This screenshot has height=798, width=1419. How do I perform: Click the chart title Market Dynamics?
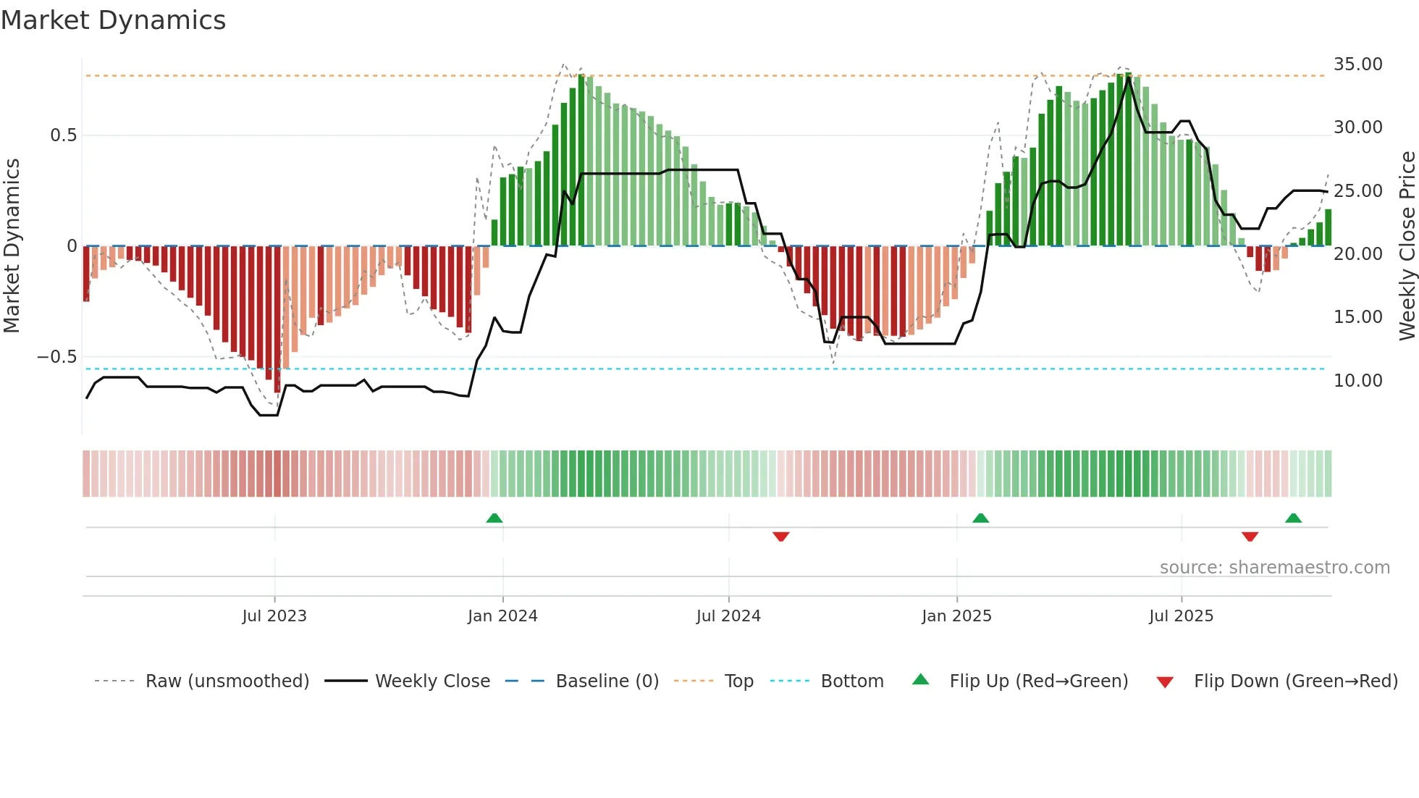pyautogui.click(x=113, y=20)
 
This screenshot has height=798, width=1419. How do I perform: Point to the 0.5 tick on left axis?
pyautogui.click(x=63, y=135)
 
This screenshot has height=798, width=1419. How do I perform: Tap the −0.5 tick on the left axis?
pyautogui.click(x=57, y=357)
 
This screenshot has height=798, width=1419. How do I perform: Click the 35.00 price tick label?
pyautogui.click(x=1357, y=64)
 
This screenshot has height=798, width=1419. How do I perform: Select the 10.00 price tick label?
pyautogui.click(x=1357, y=381)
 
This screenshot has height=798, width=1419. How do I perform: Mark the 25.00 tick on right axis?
pyautogui.click(x=1357, y=191)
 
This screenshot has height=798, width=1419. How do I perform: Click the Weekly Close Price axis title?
pyautogui.click(x=1407, y=246)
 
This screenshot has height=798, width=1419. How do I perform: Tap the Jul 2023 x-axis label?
pyautogui.click(x=274, y=616)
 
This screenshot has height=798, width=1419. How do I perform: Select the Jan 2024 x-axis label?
pyautogui.click(x=502, y=616)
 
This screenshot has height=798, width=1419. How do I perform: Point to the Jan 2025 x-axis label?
pyautogui.click(x=956, y=616)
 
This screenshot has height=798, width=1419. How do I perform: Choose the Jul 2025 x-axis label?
pyautogui.click(x=1181, y=616)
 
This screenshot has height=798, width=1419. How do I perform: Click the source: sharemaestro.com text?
pyautogui.click(x=1274, y=568)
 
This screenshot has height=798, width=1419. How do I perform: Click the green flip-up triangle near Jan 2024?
pyautogui.click(x=494, y=518)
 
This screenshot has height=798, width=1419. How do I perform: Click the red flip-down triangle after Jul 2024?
pyautogui.click(x=780, y=537)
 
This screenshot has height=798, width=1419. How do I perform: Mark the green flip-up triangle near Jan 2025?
pyautogui.click(x=980, y=518)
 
